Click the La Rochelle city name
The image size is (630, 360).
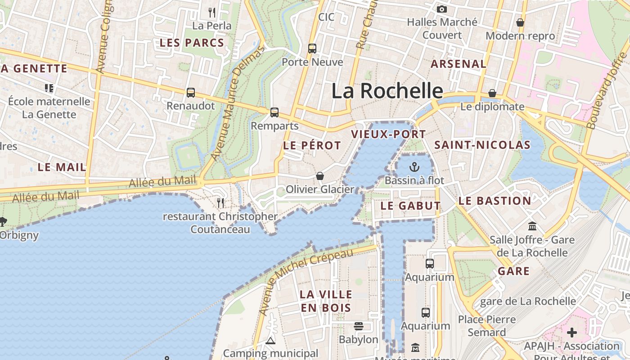pos(387,91)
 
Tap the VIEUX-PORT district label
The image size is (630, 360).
pos(388,134)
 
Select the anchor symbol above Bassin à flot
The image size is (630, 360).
pos(414,167)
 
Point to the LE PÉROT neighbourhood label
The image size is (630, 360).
pos(312,145)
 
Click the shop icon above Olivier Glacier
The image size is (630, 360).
pos(320,175)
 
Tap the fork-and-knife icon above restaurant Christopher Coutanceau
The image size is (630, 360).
pos(220,202)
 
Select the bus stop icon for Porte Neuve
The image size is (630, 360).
pos(312,48)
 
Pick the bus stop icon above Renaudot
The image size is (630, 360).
pos(191,93)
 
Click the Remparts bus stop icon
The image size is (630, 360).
pos(274,112)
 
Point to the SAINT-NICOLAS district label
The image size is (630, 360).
pos(482,145)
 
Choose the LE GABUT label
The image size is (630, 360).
pos(410,206)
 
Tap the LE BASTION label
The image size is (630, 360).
pos(495,201)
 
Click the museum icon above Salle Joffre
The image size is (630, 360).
pos(532,225)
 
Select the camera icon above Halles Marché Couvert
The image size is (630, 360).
pos(442,9)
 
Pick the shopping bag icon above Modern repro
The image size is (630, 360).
pos(520,22)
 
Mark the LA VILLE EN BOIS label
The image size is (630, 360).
pos(326,301)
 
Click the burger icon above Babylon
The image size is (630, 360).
pos(359,326)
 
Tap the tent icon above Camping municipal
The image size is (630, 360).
pos(270,341)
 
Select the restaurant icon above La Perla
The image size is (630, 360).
pos(212,12)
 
